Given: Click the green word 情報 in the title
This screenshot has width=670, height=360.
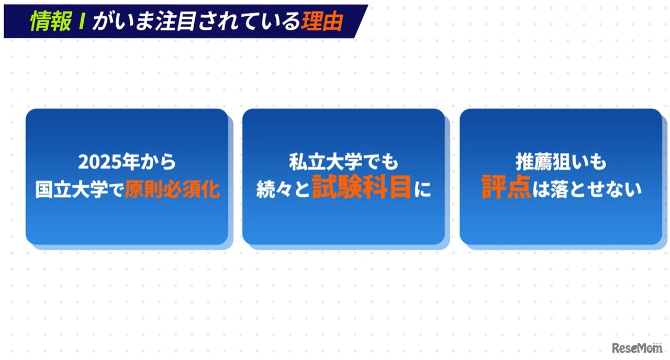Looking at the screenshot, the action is (x=51, y=21).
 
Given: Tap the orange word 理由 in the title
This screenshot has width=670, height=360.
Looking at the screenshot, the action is (x=322, y=21).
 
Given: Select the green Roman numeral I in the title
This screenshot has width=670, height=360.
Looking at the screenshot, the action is (x=81, y=21).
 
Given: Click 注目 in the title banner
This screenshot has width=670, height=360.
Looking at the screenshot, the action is (x=175, y=21).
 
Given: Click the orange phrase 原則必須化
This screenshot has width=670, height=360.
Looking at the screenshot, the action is (x=172, y=189).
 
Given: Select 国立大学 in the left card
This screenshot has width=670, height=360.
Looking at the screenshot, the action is (x=72, y=189).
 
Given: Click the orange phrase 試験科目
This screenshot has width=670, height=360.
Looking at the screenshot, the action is (x=361, y=187).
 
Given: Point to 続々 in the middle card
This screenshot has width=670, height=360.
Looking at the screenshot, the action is (x=273, y=189).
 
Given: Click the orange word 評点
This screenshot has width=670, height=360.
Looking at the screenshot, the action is (x=506, y=187).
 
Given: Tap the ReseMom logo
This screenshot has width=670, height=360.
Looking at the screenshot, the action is (x=638, y=348).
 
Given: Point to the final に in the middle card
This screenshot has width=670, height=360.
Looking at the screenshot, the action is (x=423, y=189).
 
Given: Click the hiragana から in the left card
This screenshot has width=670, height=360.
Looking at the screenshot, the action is (x=158, y=162).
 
